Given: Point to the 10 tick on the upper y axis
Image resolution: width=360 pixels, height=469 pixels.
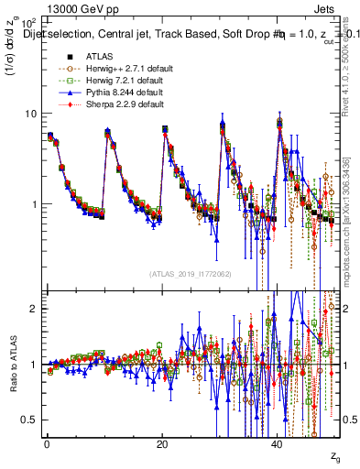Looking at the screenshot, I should click(x=29, y=114).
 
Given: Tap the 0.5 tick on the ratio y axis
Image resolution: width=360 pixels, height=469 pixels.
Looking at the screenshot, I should click(x=29, y=420).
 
